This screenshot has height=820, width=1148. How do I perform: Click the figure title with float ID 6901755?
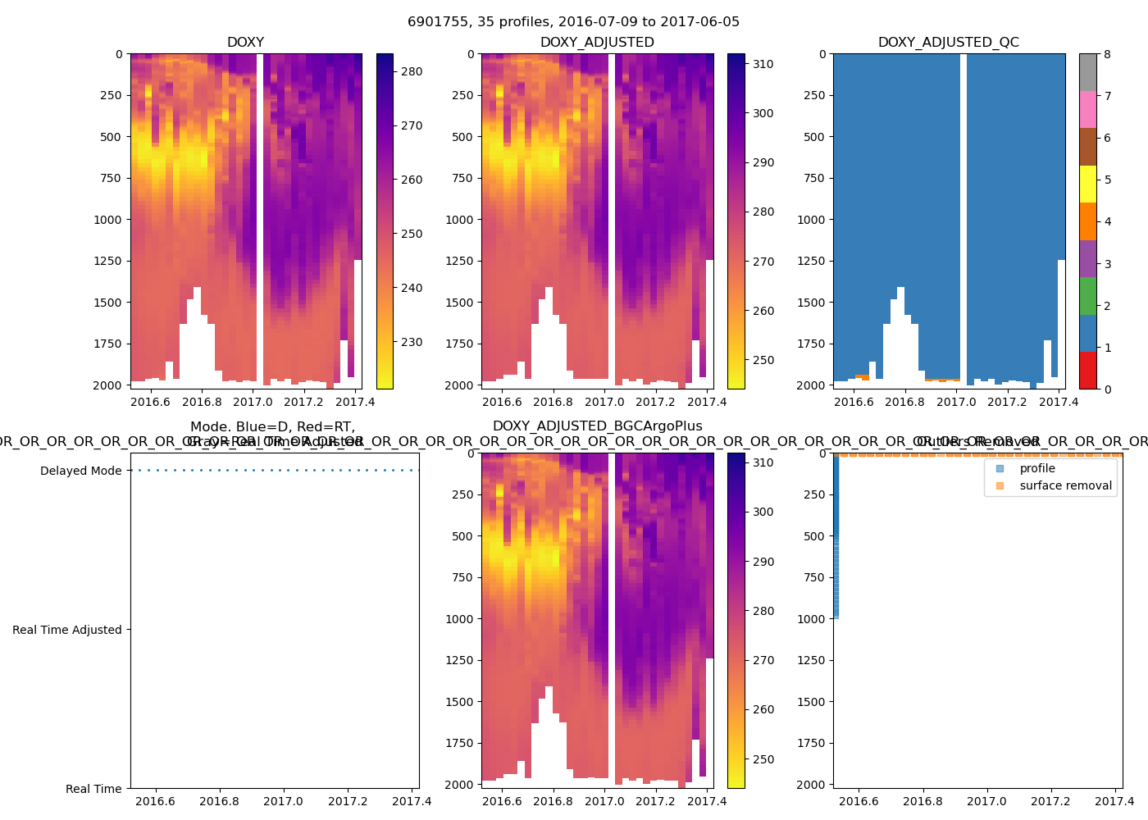tap(573, 21)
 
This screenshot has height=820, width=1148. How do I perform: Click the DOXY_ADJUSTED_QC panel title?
tap(948, 43)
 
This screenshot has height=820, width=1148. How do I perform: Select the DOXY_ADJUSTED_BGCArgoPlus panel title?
tap(597, 426)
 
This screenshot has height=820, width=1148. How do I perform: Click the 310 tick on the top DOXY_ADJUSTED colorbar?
tap(763, 64)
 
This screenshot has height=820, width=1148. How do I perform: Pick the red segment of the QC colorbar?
tap(1087, 370)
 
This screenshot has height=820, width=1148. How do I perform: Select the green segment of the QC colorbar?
tap(1087, 295)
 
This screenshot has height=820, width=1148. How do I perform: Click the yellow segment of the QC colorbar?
tap(1087, 184)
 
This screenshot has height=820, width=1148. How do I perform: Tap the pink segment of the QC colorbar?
tap(1087, 109)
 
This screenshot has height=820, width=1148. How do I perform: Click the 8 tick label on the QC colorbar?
tap(1107, 54)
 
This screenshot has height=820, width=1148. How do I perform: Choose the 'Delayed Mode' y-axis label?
tap(80, 471)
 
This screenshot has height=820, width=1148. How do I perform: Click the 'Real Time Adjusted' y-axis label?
tap(66, 630)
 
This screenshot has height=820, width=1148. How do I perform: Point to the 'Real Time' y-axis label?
tap(93, 789)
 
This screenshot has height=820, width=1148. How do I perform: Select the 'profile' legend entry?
tap(1036, 468)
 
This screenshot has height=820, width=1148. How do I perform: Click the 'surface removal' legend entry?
tap(1065, 485)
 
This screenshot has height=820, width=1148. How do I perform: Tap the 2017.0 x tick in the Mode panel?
tap(283, 801)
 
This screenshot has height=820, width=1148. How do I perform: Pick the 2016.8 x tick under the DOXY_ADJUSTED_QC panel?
tap(904, 402)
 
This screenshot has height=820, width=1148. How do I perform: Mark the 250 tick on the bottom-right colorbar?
tap(763, 759)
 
